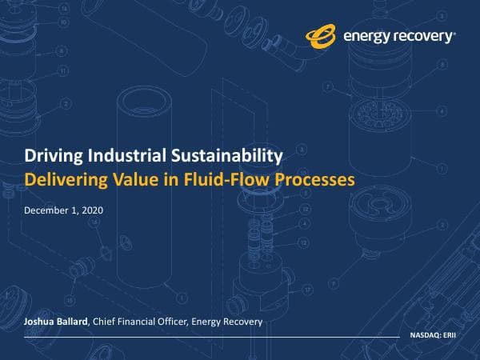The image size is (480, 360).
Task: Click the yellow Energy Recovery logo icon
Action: point(322,35)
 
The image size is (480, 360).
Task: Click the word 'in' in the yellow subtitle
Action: point(181,180)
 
